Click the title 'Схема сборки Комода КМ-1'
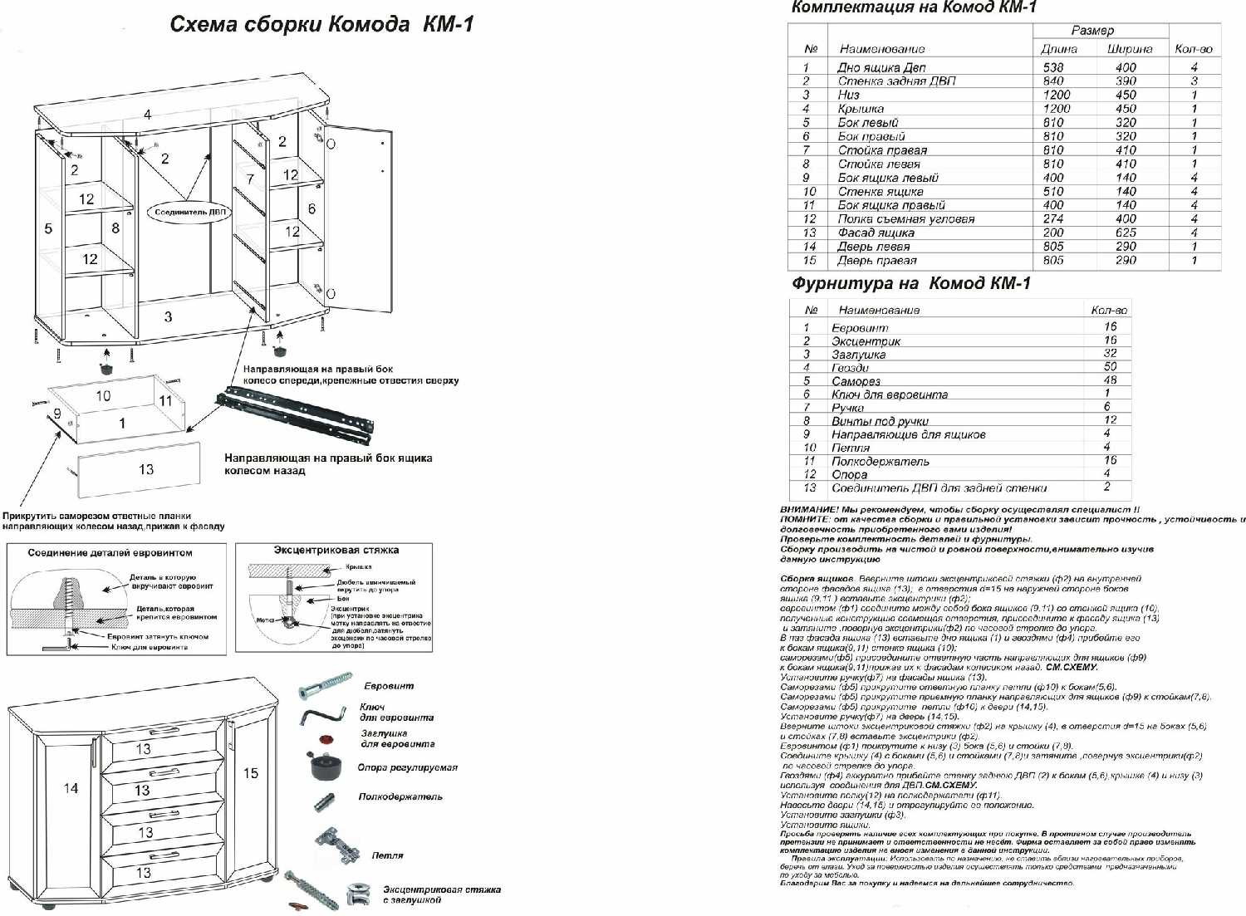[321, 23]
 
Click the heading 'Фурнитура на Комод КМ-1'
[910, 283]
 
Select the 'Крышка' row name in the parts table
[861, 109]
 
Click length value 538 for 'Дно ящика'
[1053, 67]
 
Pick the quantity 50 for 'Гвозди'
[1110, 367]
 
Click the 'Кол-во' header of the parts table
[1194, 49]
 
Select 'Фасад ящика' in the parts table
[876, 233]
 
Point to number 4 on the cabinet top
[147, 115]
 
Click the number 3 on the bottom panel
[169, 316]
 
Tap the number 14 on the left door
[71, 788]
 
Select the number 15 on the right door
[250, 773]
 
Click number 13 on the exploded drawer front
[146, 469]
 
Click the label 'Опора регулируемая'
[407, 767]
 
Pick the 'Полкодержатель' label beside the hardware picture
[400, 796]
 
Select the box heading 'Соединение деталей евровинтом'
[110, 552]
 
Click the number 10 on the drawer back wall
[103, 396]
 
